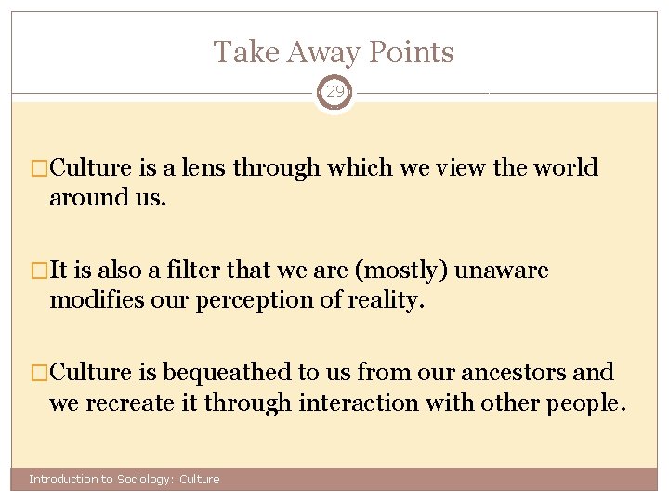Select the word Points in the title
pyautogui.click(x=413, y=52)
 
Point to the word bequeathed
pyautogui.click(x=228, y=373)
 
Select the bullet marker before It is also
pyautogui.click(x=39, y=271)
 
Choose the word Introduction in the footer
pyautogui.click(x=63, y=480)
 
